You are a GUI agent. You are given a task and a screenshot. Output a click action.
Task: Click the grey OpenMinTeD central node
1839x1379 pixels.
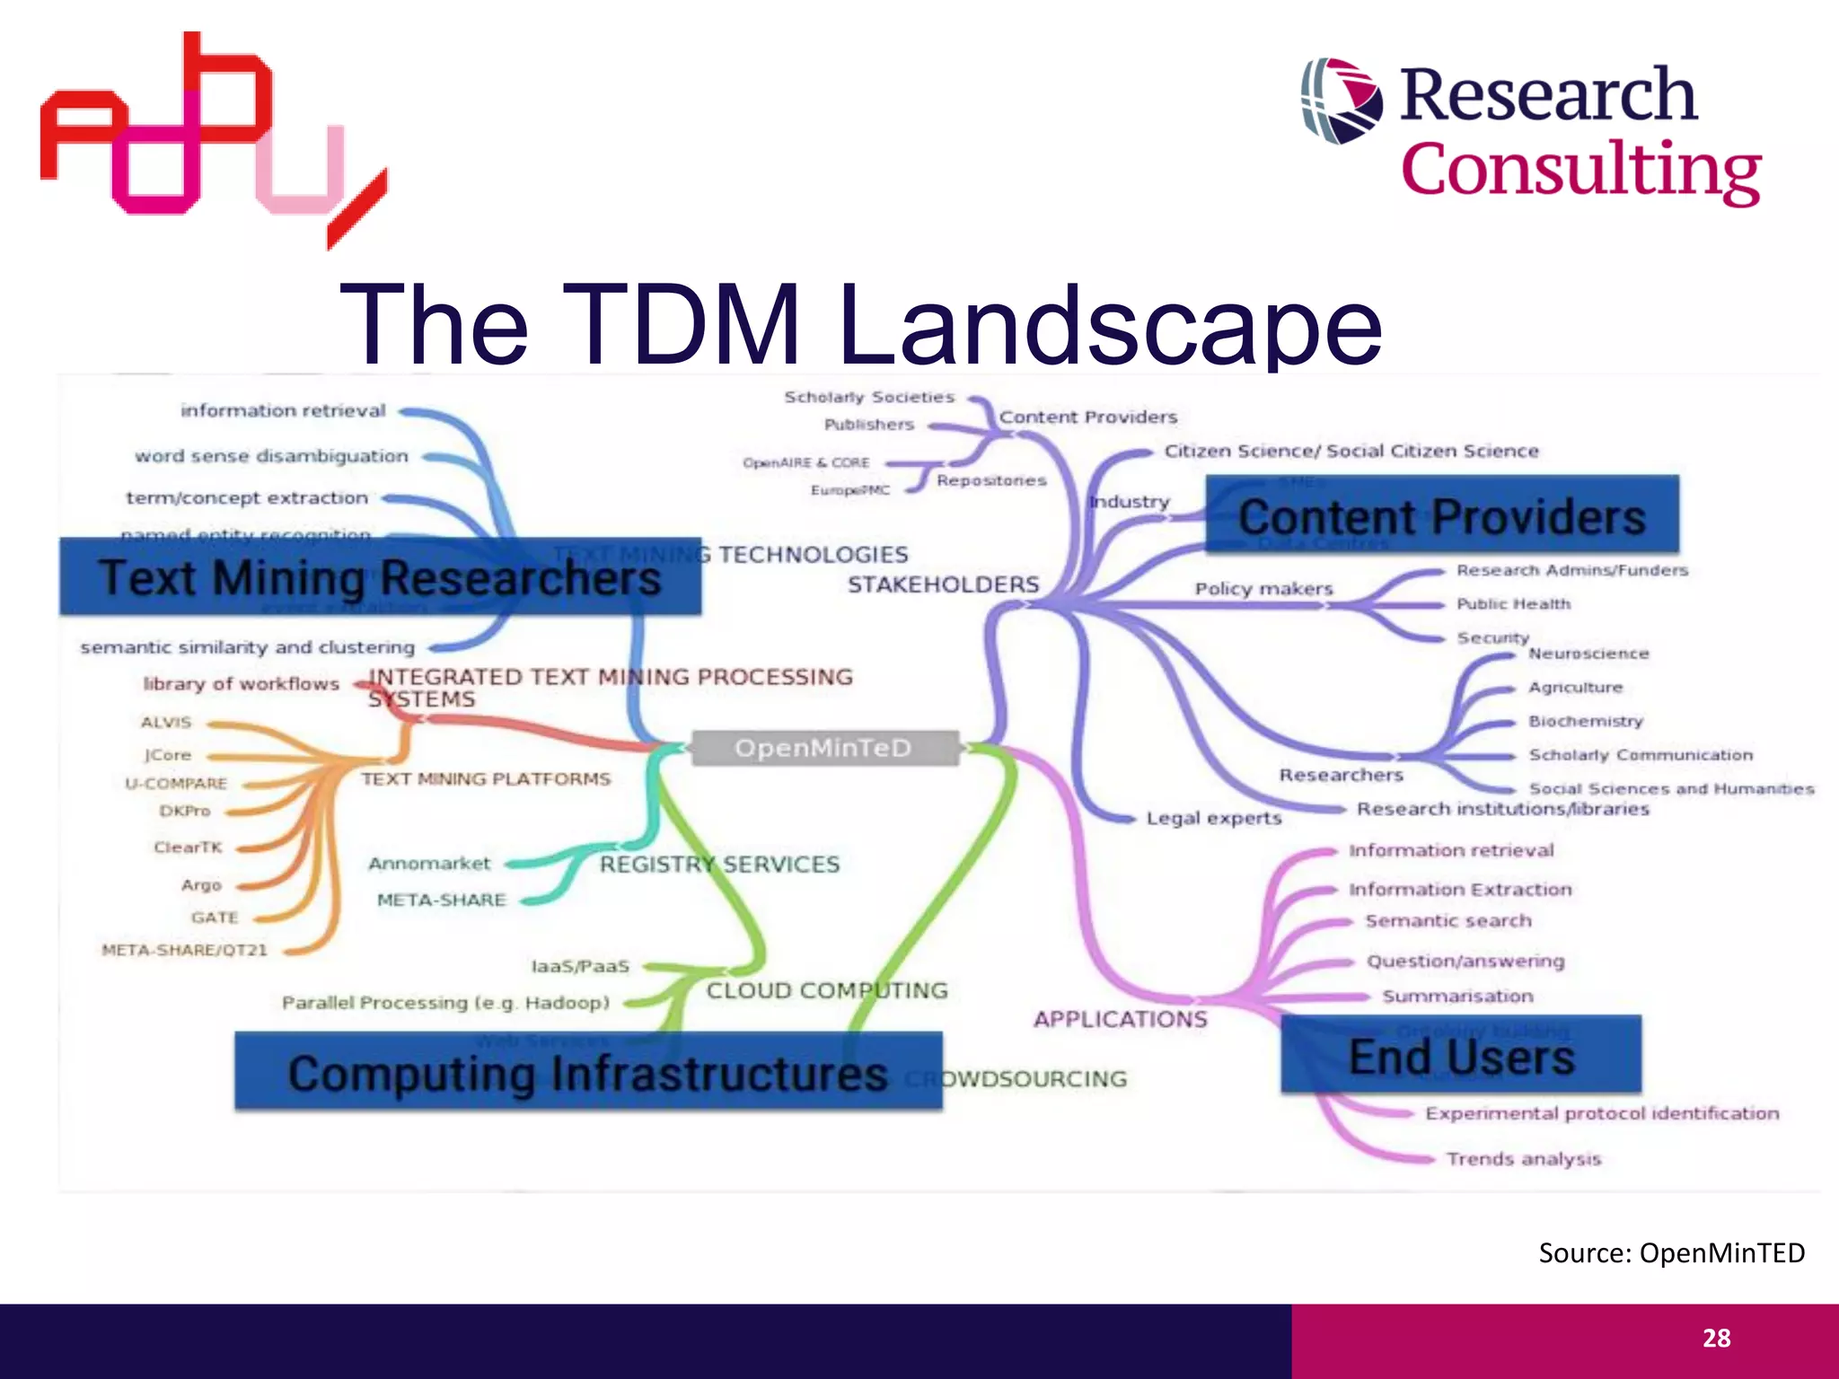(824, 748)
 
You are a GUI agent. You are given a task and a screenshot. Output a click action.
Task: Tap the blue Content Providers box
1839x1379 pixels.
(1441, 515)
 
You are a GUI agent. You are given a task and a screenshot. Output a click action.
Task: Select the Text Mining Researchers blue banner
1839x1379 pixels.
(380, 577)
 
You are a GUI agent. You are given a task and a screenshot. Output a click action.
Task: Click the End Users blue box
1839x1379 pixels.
(1461, 1055)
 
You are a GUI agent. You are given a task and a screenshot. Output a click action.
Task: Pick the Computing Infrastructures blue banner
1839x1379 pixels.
(588, 1072)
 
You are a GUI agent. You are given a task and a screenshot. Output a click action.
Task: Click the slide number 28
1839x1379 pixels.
(1716, 1338)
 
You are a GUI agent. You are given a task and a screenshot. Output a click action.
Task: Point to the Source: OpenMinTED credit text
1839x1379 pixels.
(1671, 1252)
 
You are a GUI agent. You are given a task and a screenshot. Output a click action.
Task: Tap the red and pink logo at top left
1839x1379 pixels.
(207, 135)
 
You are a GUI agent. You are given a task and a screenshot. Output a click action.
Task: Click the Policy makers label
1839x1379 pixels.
(1263, 589)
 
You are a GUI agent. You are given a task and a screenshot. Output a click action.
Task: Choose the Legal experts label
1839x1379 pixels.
(1213, 818)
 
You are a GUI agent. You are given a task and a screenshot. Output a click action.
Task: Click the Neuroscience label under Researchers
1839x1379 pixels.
(1588, 654)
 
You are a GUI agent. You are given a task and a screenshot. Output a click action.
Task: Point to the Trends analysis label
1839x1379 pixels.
(1524, 1159)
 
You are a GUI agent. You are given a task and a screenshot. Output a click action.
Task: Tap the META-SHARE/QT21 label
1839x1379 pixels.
(184, 950)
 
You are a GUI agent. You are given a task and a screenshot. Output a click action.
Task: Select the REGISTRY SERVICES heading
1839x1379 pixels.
(719, 865)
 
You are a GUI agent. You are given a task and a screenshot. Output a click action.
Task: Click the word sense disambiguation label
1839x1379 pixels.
(271, 456)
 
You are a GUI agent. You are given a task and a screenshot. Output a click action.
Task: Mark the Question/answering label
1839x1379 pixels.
(1465, 962)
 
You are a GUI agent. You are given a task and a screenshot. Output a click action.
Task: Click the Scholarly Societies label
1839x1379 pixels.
(869, 397)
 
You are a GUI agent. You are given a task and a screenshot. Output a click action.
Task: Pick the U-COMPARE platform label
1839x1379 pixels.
(176, 783)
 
